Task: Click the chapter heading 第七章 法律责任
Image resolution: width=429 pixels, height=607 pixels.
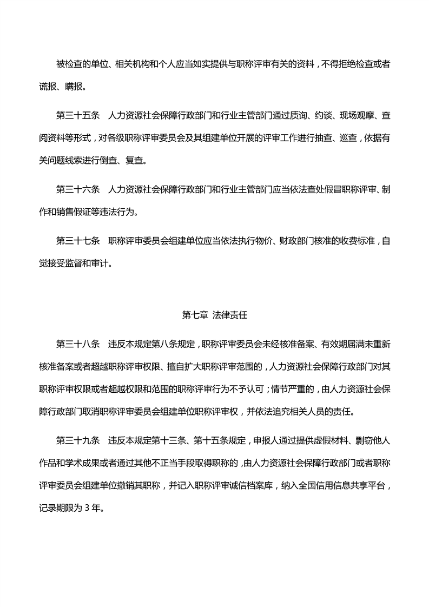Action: pyautogui.click(x=214, y=314)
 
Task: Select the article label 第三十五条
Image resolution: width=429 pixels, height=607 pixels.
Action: pyautogui.click(x=78, y=115)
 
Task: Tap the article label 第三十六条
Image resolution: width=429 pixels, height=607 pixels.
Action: pyautogui.click(x=78, y=189)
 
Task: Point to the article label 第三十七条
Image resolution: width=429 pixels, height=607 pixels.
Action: pyautogui.click(x=78, y=241)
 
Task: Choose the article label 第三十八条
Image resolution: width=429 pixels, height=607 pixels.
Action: pyautogui.click(x=78, y=344)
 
